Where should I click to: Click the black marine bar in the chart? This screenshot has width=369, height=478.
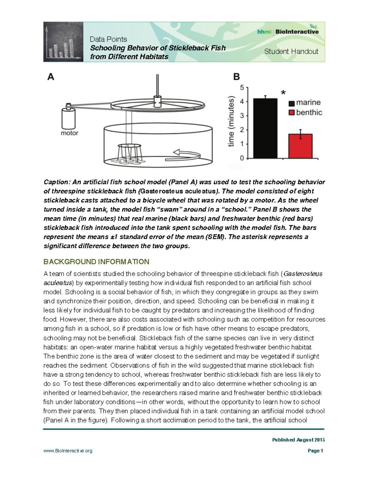pos(265,128)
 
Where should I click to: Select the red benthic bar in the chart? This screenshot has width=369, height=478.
pos(300,146)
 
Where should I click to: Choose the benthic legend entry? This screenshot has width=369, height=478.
pos(305,113)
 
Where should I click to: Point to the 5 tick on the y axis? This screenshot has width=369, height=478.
pos(242,88)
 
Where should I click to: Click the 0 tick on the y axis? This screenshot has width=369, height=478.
pos(242,158)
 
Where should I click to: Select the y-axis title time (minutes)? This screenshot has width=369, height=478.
pos(231,122)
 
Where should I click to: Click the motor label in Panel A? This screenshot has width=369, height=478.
pos(69,133)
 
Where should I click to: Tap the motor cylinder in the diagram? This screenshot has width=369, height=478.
pos(68,118)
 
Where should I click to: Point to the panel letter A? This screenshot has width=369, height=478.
pos(51,77)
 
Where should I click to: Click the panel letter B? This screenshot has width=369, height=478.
pos(236,77)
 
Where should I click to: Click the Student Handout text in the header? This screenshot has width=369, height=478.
pos(291,51)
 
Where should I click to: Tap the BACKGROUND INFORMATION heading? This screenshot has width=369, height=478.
pos(96,262)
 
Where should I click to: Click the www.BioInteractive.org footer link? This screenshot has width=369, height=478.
pos(68,451)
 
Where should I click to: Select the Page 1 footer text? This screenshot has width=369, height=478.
pos(315,451)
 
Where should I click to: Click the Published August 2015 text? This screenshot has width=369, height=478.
pos(298,440)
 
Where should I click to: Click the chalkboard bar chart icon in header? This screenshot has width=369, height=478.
pos(63,42)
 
